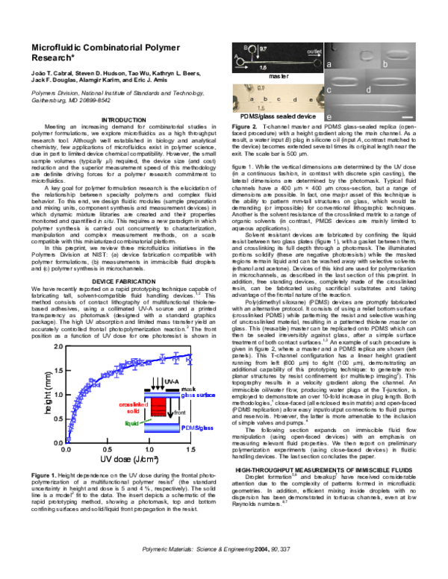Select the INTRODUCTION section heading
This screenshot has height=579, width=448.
[x=123, y=120]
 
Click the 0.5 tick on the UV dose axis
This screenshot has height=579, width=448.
[x=107, y=451]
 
